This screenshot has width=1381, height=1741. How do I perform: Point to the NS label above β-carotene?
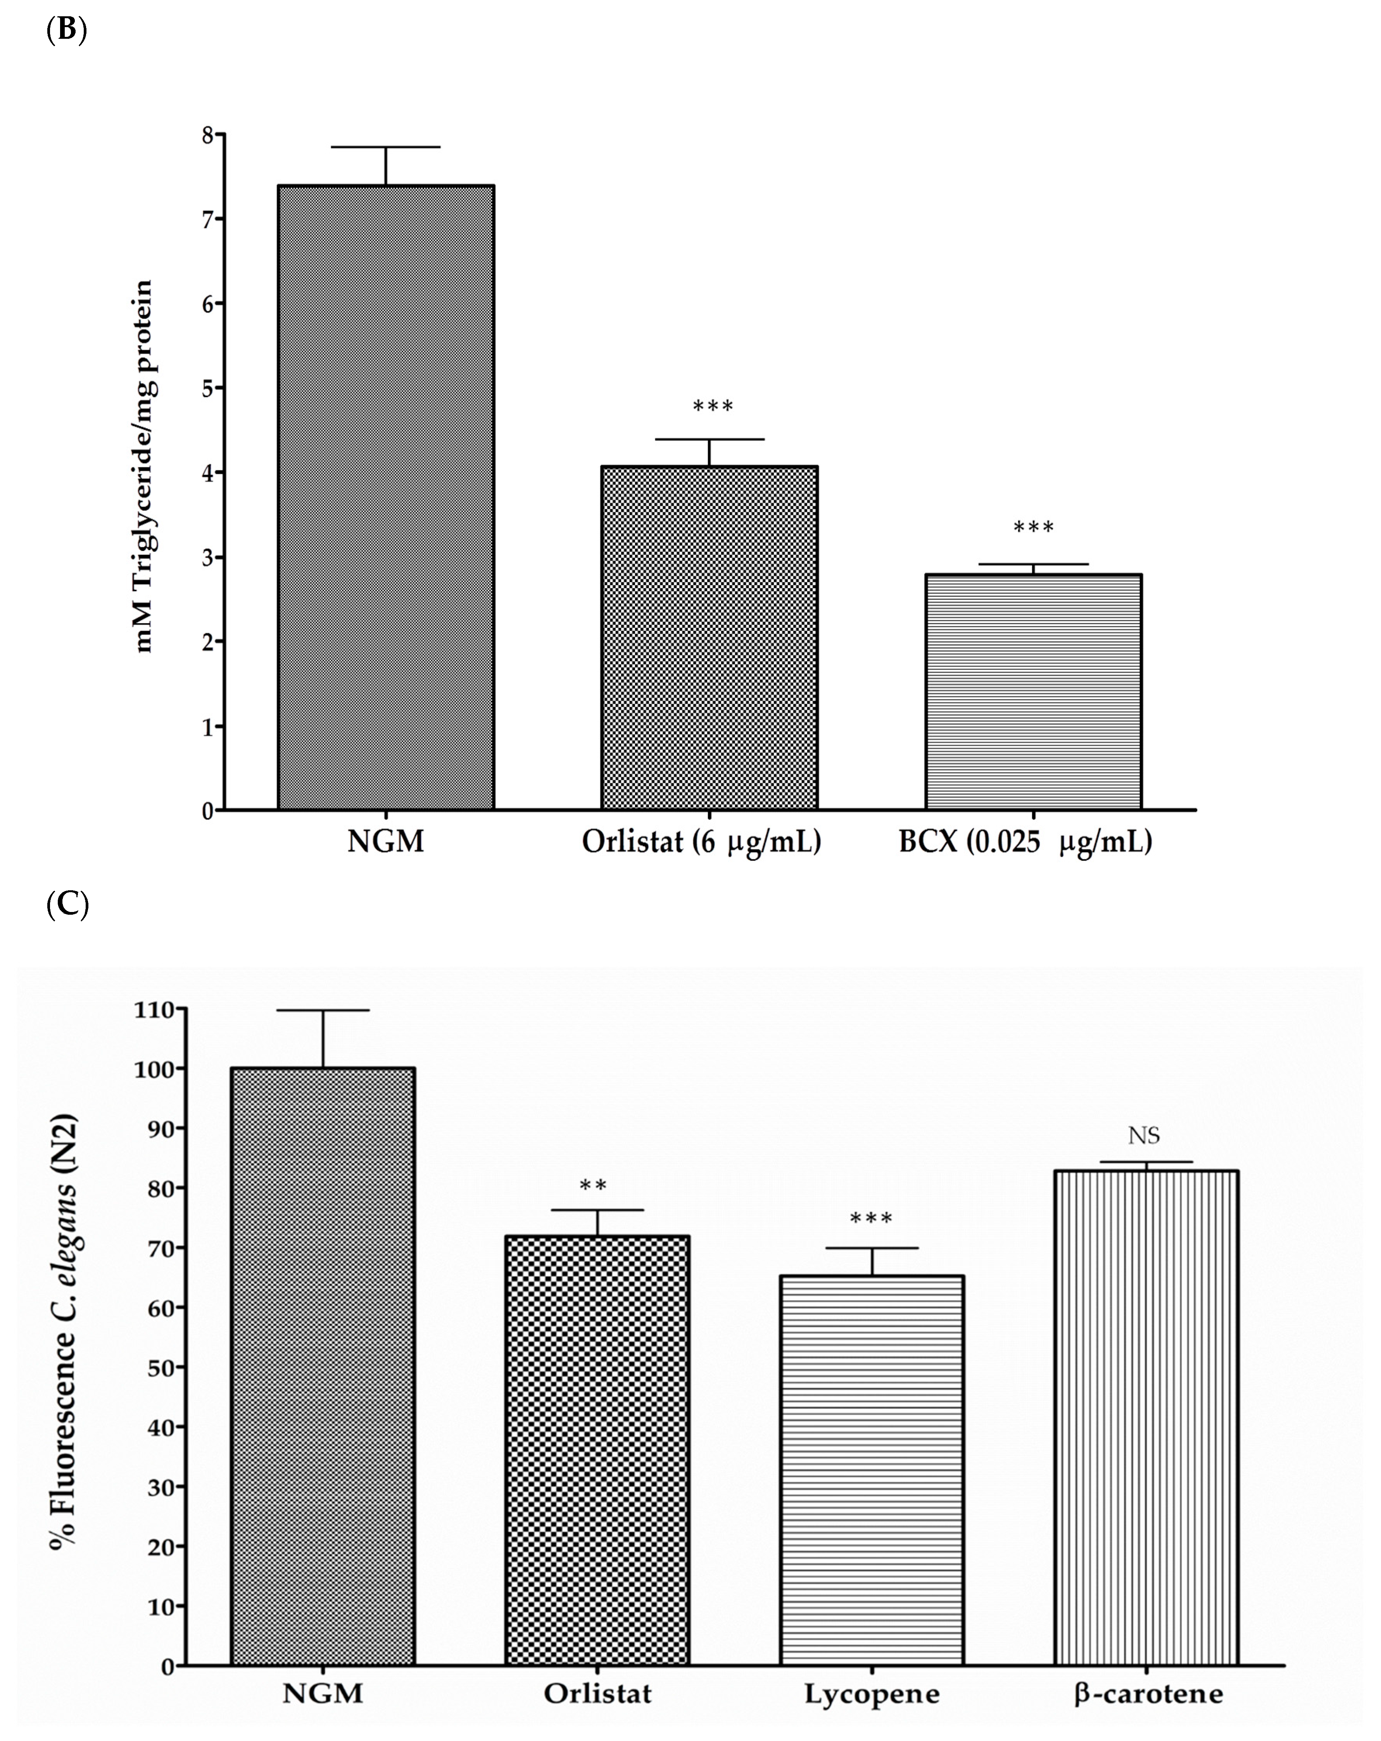pyautogui.click(x=1145, y=1136)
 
